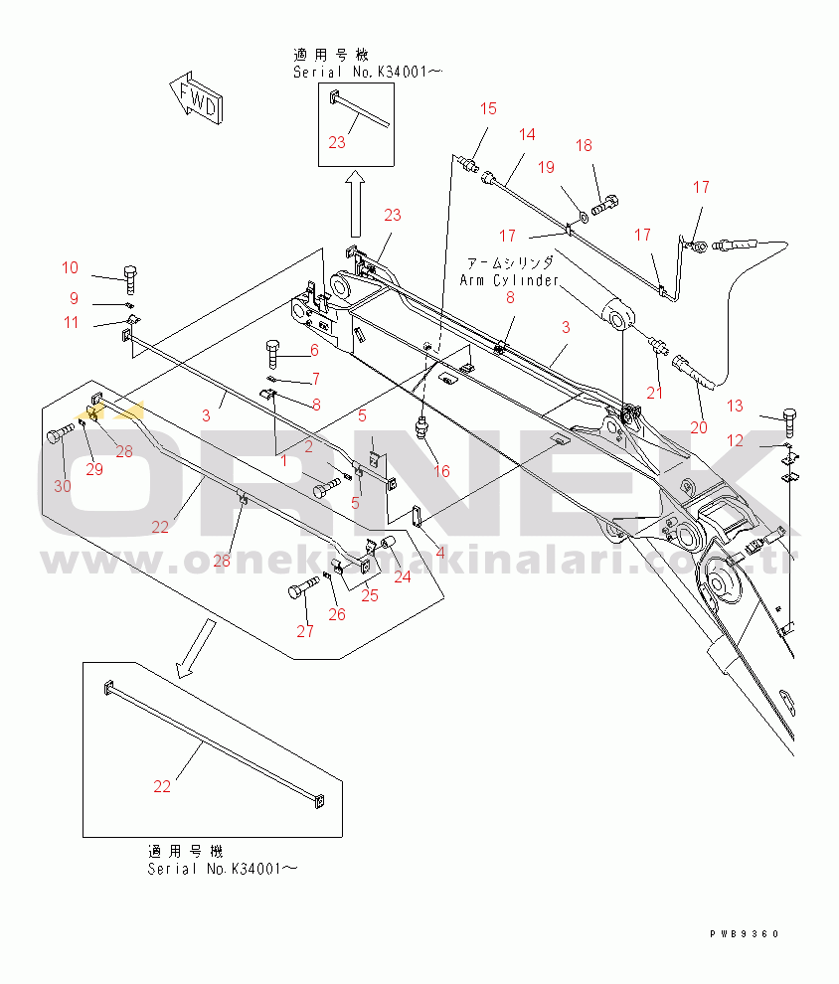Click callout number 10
click(70, 267)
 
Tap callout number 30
click(62, 486)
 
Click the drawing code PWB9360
click(745, 934)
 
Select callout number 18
click(584, 146)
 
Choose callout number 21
click(654, 393)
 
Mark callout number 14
click(526, 134)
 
